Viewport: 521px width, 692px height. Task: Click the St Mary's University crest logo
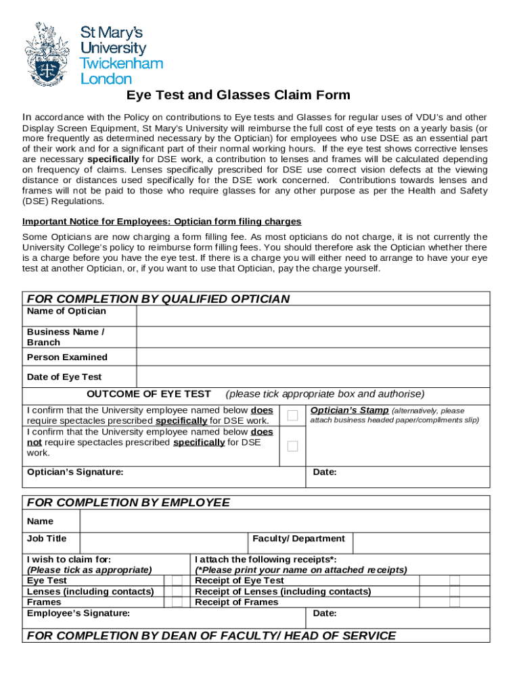coord(47,54)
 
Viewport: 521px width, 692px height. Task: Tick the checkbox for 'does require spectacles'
coord(292,415)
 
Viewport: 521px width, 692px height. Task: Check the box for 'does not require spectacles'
coord(292,446)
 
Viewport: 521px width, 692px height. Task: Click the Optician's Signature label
coord(75,472)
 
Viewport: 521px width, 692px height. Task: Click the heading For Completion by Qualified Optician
coord(158,299)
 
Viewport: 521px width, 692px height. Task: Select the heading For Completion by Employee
coord(128,502)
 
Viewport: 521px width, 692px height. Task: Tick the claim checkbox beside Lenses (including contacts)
coord(177,591)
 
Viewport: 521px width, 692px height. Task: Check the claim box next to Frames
coord(177,602)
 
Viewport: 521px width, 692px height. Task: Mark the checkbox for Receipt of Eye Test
coord(455,580)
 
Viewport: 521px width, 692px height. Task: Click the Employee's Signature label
coord(78,613)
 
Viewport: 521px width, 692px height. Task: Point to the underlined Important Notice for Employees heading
coord(162,222)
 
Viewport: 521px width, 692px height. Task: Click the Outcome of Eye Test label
coord(149,394)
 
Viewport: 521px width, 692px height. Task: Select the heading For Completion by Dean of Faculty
coord(210,635)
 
